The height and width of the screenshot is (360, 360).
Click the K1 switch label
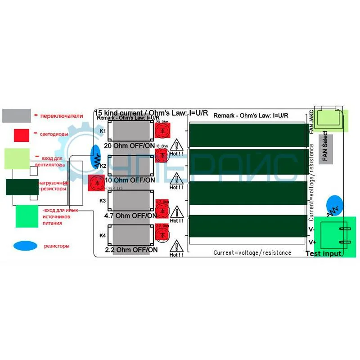point(103,131)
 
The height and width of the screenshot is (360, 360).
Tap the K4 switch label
point(103,235)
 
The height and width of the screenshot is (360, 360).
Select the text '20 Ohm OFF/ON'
point(130,146)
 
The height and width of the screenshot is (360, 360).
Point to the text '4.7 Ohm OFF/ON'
point(130,216)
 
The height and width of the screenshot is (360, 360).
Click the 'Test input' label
point(324,254)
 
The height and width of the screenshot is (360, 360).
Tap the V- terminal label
point(310,229)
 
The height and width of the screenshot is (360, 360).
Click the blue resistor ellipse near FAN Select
point(334,206)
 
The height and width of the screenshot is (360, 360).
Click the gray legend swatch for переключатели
point(17,116)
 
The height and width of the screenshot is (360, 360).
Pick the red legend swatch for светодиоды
point(21,135)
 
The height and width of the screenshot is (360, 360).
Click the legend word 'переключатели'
point(62,116)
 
